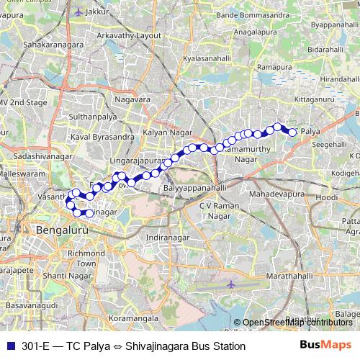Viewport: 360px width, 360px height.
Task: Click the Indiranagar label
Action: click(166, 237)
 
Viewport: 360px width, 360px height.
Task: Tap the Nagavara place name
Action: click(136, 99)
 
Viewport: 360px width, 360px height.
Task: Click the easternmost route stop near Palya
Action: click(293, 132)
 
